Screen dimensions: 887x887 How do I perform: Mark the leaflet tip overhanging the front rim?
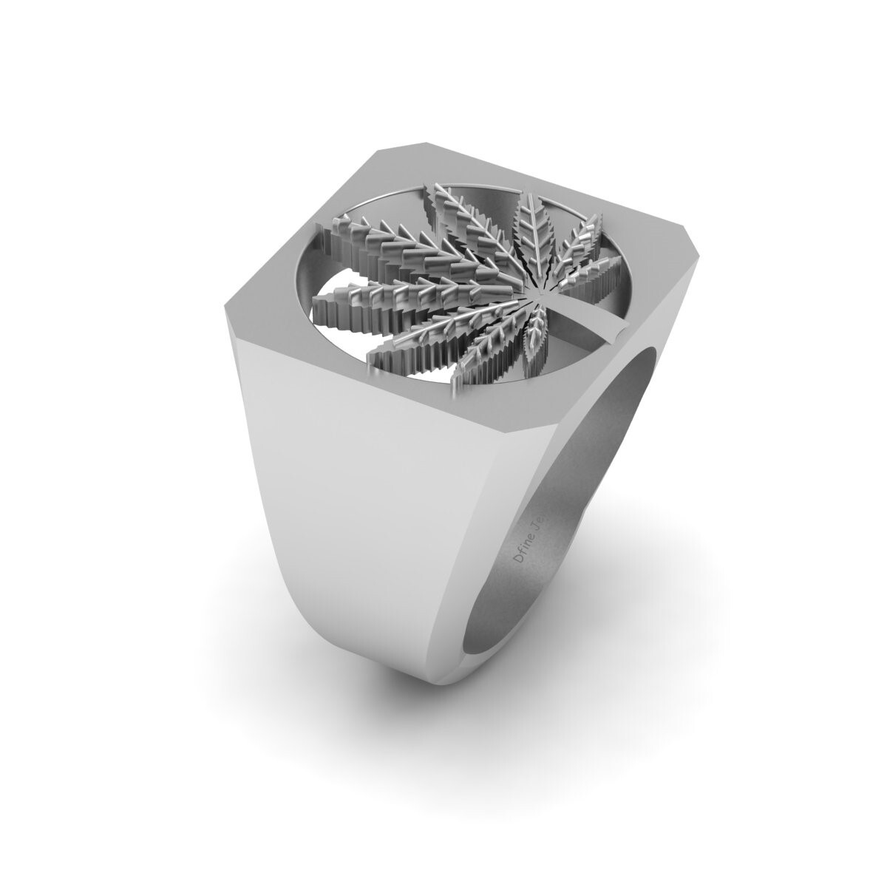452,384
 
